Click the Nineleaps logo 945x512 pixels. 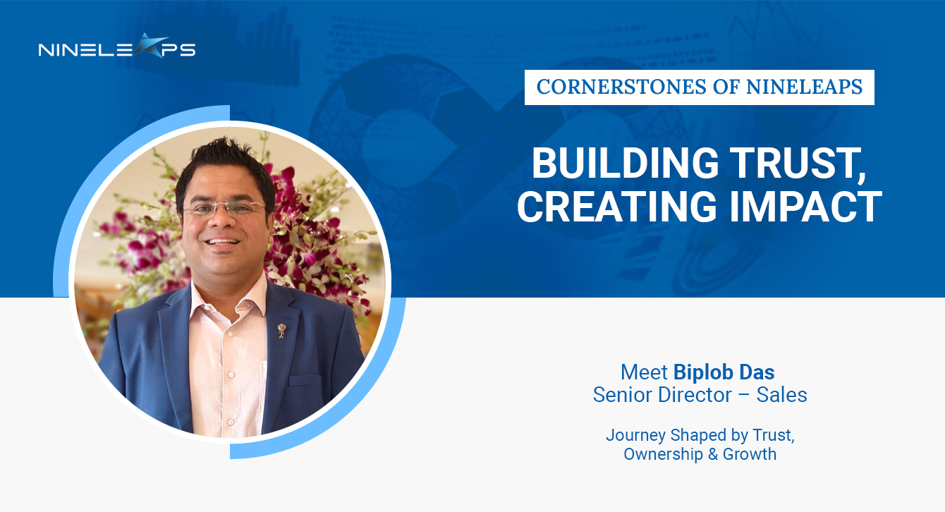point(117,46)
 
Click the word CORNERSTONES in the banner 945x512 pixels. point(621,87)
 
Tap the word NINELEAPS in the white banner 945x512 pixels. point(805,87)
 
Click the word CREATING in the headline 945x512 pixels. point(617,206)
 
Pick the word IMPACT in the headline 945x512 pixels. point(805,206)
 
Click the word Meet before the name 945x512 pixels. point(644,372)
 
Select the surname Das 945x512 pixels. point(757,372)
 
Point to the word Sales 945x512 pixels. point(781,395)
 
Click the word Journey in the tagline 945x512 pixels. point(636,436)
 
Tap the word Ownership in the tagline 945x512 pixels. point(663,455)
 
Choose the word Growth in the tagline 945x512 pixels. point(750,454)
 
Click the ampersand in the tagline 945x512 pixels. point(713,454)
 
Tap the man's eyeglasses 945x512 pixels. point(224,208)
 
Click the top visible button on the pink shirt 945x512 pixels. point(230,334)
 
